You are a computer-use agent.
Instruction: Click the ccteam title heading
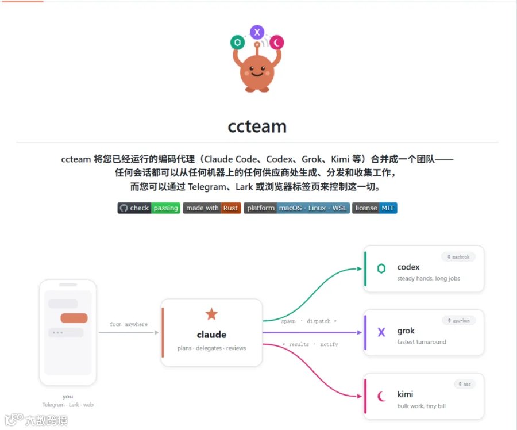pos(257,126)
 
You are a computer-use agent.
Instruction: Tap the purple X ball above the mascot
pos(257,32)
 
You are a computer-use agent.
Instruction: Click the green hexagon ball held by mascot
pos(237,42)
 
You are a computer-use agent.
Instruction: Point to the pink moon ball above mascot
pos(277,42)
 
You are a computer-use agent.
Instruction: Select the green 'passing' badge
pos(165,208)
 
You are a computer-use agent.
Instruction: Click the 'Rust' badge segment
pos(230,208)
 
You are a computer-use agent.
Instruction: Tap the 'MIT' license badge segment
pos(388,208)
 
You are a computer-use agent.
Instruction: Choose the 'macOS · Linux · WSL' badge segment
pos(313,208)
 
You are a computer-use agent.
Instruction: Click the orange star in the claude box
pos(211,314)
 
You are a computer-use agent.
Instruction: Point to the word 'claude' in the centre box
pos(211,335)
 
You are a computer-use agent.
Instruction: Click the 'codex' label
pos(408,267)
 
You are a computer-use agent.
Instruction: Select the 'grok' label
pos(406,331)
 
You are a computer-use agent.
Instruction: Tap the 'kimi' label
pos(405,394)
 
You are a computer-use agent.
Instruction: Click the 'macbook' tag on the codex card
pos(458,257)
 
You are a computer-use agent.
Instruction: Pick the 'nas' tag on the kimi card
pos(465,384)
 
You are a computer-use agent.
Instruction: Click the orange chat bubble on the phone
pos(74,318)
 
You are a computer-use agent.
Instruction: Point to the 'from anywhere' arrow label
pos(129,324)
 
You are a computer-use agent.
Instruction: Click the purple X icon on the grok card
pos(381,332)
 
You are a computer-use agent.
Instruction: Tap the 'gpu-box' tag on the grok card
pos(459,320)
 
